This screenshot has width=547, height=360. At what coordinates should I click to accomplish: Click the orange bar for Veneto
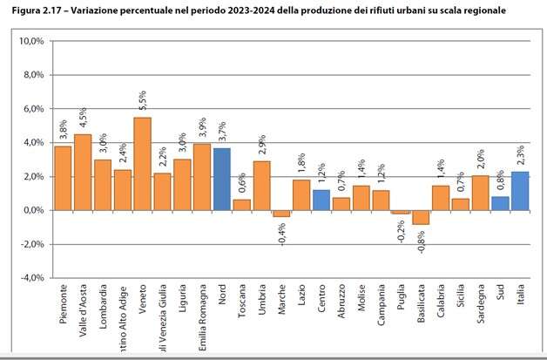point(142,164)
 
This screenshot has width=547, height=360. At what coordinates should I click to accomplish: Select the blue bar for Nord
point(222,179)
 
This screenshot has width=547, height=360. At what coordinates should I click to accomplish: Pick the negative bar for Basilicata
point(421,217)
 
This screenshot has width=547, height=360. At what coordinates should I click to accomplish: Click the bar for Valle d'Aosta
point(83,172)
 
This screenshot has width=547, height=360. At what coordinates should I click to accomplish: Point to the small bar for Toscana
point(241,205)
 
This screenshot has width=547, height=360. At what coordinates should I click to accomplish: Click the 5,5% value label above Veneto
point(143,103)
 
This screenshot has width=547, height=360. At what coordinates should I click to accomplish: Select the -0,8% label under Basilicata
point(421,240)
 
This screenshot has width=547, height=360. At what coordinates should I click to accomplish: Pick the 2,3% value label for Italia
point(520,158)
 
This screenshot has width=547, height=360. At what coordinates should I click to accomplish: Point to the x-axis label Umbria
point(262,306)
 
